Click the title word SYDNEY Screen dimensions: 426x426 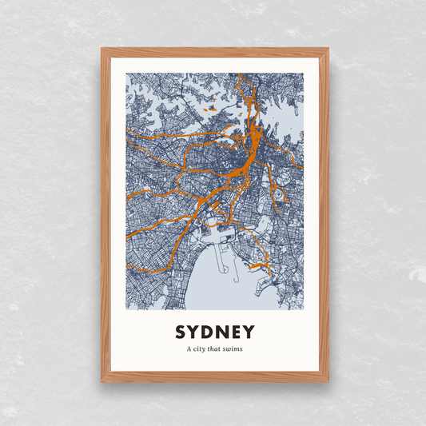coord(213,332)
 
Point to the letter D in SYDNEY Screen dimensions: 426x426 coord(205,332)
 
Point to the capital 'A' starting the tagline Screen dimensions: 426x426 coord(189,349)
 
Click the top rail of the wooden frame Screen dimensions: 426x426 coord(214,52)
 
